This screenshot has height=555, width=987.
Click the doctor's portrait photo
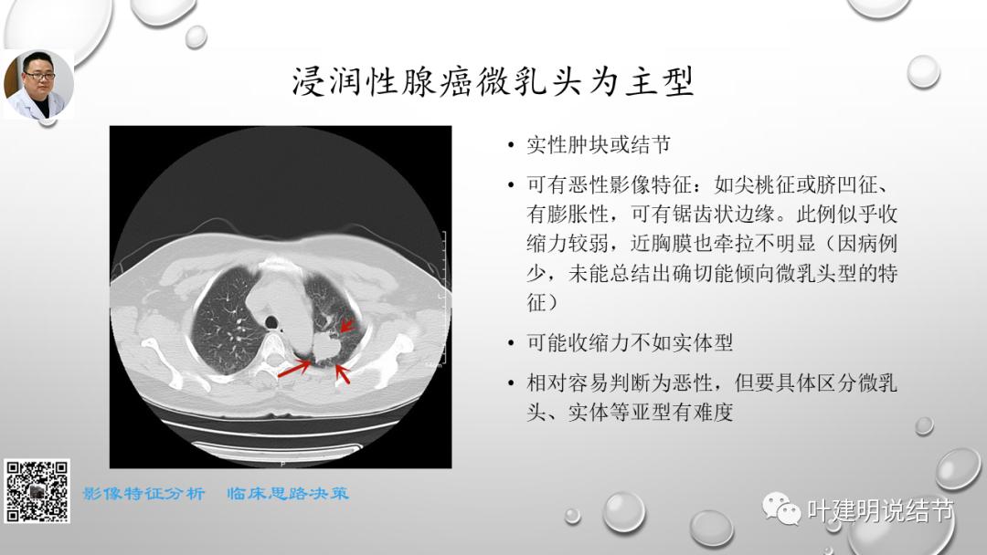tap(38, 84)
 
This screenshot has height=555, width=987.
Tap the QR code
tap(37, 491)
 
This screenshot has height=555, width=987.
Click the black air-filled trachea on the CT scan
tap(271, 320)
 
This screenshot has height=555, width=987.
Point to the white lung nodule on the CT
tap(325, 345)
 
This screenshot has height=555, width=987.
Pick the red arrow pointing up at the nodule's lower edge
tap(342, 372)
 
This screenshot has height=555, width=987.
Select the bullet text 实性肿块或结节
tap(599, 145)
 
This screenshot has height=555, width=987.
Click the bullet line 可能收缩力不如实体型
tap(631, 343)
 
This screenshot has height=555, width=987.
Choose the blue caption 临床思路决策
tap(288, 494)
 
